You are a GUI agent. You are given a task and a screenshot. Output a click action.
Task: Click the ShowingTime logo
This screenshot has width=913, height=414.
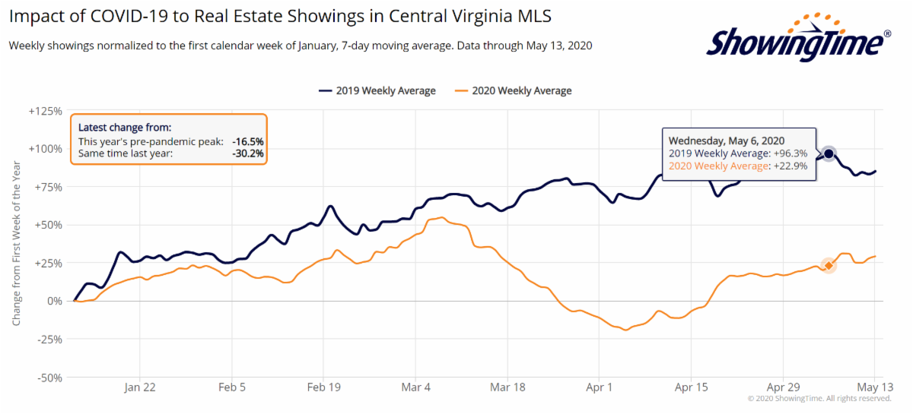(x=798, y=38)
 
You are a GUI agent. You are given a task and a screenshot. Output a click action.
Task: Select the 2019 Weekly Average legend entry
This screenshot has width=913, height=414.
(x=377, y=91)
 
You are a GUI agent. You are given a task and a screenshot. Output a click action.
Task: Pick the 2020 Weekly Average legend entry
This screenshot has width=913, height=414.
(x=513, y=91)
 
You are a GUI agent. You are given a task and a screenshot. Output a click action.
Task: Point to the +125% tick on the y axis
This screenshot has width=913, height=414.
(x=45, y=111)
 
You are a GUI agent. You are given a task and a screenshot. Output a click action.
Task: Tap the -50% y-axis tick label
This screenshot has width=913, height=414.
(x=49, y=378)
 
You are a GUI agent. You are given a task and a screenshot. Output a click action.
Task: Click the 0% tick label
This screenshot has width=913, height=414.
(x=55, y=302)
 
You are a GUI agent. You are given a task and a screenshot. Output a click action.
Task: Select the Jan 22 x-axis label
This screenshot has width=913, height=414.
(x=140, y=387)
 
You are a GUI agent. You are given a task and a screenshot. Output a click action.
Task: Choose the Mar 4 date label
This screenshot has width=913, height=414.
(x=415, y=387)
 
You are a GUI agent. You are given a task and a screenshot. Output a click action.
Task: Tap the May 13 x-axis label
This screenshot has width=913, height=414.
(x=875, y=387)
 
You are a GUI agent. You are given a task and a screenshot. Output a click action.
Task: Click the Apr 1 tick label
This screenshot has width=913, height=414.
(x=600, y=387)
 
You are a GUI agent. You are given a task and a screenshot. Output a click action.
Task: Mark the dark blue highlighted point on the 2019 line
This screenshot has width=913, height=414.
(x=829, y=154)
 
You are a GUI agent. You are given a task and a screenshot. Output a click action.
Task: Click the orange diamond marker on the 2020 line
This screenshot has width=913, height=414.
(x=829, y=265)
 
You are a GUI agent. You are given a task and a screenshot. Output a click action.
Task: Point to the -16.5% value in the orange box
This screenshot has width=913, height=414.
(x=248, y=141)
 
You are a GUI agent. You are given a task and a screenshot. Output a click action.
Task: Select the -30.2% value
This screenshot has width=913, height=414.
(x=248, y=153)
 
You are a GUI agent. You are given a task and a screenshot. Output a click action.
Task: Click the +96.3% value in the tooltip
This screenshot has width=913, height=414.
(x=791, y=153)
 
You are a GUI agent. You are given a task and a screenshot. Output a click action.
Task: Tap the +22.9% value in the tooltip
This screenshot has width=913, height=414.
(x=791, y=166)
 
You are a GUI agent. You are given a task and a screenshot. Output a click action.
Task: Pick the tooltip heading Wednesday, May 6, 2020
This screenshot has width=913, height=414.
(x=727, y=141)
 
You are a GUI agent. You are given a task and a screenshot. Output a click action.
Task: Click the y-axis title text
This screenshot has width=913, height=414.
(x=16, y=243)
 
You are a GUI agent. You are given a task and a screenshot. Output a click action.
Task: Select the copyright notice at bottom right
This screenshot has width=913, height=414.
(x=819, y=399)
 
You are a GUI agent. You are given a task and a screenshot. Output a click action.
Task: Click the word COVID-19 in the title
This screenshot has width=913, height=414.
(x=129, y=16)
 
